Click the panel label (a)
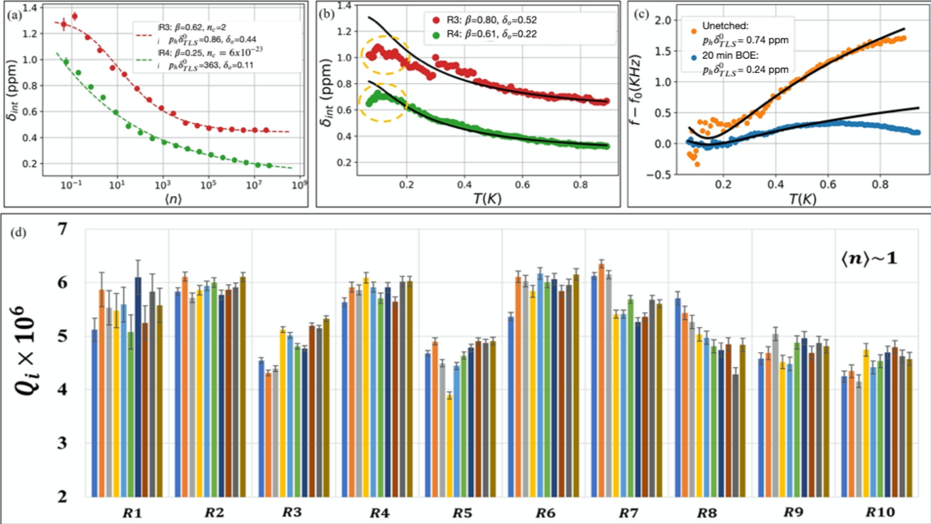coord(15,12)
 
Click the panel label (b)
coord(327,12)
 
